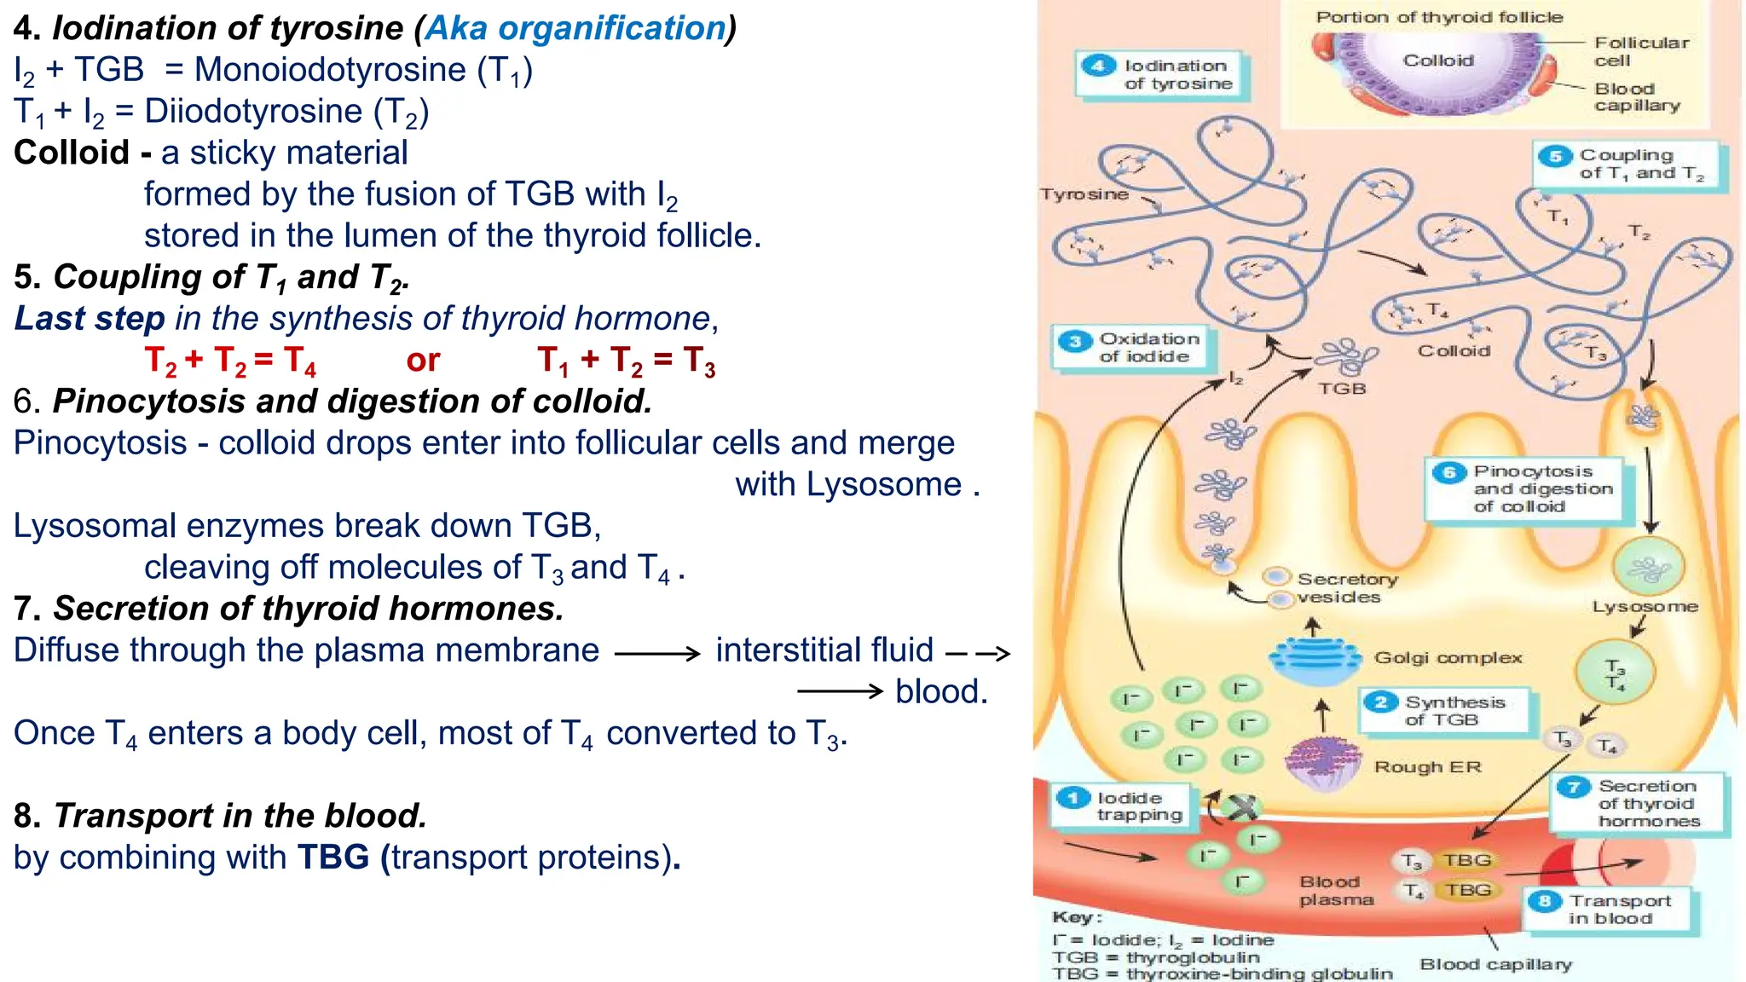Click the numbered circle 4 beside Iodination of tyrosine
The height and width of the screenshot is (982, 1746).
tap(1098, 66)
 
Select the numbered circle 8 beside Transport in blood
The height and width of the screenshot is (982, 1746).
tap(1545, 901)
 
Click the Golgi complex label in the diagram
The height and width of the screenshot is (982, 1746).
tap(1448, 658)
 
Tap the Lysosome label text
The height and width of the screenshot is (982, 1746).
tap(1645, 607)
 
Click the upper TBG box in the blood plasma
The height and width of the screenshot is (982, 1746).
tap(1466, 860)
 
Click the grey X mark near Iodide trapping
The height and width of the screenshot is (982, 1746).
tap(1242, 806)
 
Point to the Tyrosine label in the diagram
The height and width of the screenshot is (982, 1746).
tap(1084, 194)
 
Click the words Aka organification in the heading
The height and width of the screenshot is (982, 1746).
tap(575, 28)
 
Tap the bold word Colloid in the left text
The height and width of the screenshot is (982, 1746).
tap(71, 153)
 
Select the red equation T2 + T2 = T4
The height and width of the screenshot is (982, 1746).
tap(230, 361)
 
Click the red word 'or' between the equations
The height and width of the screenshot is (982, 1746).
tap(423, 361)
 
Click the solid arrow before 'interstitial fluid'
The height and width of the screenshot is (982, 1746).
tap(656, 654)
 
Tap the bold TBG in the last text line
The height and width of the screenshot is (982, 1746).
tap(333, 858)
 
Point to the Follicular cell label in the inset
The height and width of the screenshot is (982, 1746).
tap(1640, 51)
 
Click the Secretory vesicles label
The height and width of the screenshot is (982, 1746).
tap(1346, 588)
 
